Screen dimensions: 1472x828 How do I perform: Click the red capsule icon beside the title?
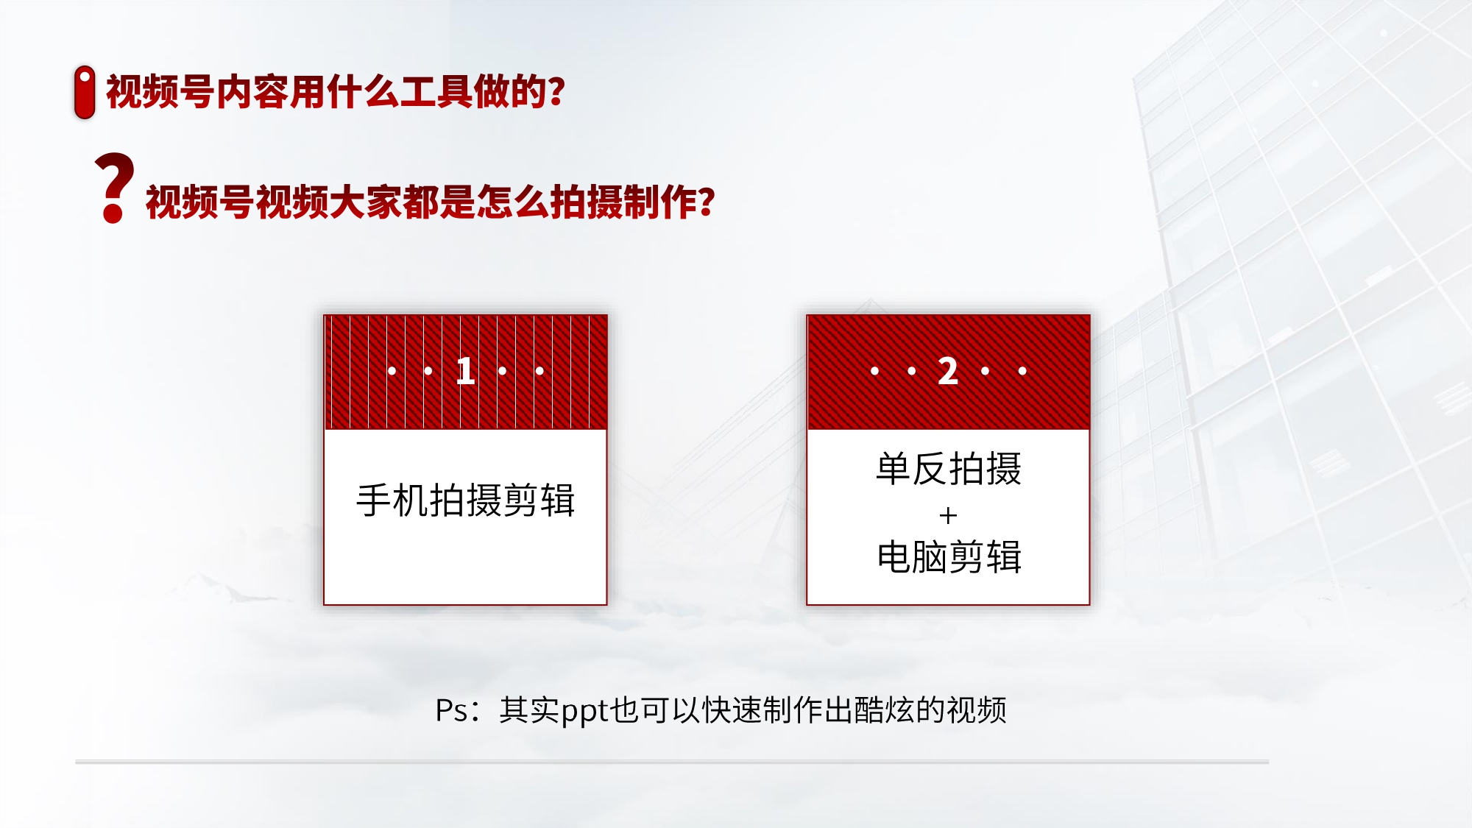pyautogui.click(x=85, y=92)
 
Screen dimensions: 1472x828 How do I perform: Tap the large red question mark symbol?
pyautogui.click(x=114, y=188)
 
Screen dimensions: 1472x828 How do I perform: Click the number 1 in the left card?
pyautogui.click(x=465, y=371)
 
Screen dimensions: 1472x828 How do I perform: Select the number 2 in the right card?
pyautogui.click(x=948, y=371)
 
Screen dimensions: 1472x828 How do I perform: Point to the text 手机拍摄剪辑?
pyautogui.click(x=465, y=500)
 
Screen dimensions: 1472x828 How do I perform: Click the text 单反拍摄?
pyautogui.click(x=949, y=469)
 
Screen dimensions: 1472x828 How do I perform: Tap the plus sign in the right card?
pyautogui.click(x=948, y=516)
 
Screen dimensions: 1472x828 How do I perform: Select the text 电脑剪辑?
pyautogui.click(x=949, y=556)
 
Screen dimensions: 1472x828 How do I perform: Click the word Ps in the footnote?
pyautogui.click(x=451, y=710)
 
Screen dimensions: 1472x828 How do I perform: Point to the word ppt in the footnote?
pyautogui.click(x=585, y=712)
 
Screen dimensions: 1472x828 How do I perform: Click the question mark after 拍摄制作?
pyautogui.click(x=707, y=202)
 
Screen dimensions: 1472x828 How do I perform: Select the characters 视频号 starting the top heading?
pyautogui.click(x=160, y=92)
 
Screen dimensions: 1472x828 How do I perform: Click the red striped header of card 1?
pyautogui.click(x=465, y=372)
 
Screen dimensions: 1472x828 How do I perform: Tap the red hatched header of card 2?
pyautogui.click(x=948, y=372)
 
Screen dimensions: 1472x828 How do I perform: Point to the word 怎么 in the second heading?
pyautogui.click(x=513, y=202)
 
